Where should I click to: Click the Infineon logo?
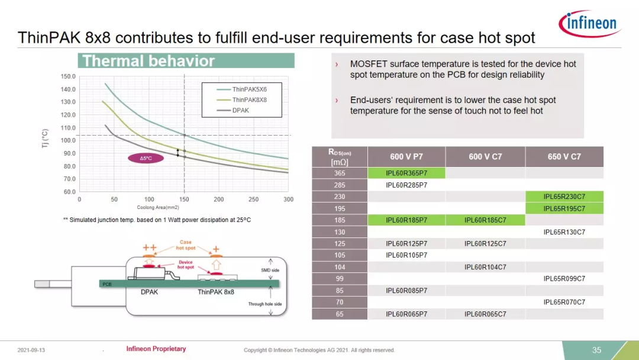(x=590, y=24)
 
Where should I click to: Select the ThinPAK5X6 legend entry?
(x=241, y=89)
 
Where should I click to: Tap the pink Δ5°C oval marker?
(x=146, y=158)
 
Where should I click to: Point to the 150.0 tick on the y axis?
(x=68, y=76)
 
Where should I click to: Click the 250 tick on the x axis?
(x=253, y=200)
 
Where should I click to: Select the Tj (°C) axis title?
(x=45, y=139)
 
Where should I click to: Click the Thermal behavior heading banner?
(x=186, y=61)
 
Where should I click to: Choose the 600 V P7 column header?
(x=406, y=156)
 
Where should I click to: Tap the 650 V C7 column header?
(x=564, y=156)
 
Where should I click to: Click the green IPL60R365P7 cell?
(x=406, y=173)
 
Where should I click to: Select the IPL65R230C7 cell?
(x=564, y=197)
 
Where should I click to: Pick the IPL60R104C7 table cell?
(x=485, y=267)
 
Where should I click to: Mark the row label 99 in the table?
(x=340, y=279)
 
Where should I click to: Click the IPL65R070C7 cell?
(x=564, y=302)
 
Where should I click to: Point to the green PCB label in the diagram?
(x=106, y=284)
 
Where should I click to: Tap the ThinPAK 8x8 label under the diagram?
(x=216, y=292)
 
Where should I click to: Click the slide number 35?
(x=596, y=350)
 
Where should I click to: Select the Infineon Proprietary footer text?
(x=156, y=349)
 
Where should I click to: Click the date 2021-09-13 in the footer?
(x=31, y=350)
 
